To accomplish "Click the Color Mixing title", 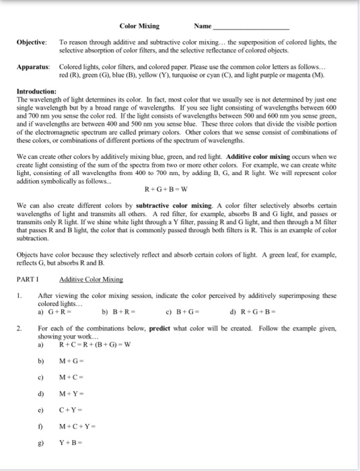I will coord(139,26).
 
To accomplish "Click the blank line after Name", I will coord(250,28).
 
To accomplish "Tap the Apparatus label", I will coord(34,68).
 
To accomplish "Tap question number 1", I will coord(22,295).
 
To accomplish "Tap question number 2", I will coord(22,329).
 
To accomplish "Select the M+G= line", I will coord(71,363).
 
